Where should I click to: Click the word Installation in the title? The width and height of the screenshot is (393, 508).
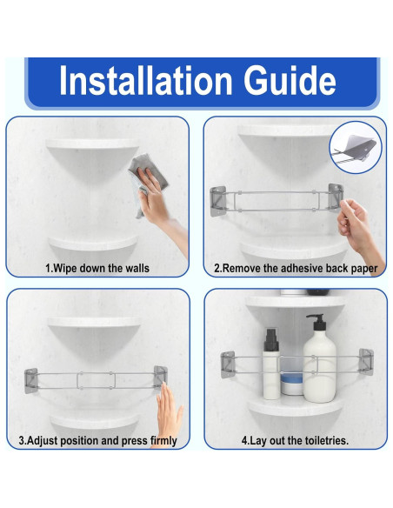click(146, 80)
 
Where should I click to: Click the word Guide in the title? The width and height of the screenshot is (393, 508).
click(290, 80)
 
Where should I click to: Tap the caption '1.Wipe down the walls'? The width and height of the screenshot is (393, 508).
click(97, 268)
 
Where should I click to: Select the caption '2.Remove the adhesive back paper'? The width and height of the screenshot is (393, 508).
click(296, 268)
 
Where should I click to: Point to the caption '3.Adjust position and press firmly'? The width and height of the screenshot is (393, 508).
click(97, 441)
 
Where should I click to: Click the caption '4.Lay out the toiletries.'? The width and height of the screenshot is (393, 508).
click(295, 441)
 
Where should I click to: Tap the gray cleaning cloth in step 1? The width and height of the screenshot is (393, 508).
click(146, 183)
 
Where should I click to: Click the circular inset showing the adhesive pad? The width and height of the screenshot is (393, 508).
click(356, 148)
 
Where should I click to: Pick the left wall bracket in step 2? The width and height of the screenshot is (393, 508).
click(217, 201)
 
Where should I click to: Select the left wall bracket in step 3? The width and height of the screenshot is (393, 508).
click(31, 381)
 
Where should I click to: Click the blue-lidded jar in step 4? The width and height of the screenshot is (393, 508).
click(291, 384)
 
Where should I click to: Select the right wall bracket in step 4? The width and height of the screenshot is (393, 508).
click(366, 362)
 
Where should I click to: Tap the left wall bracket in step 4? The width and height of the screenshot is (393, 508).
click(228, 364)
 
